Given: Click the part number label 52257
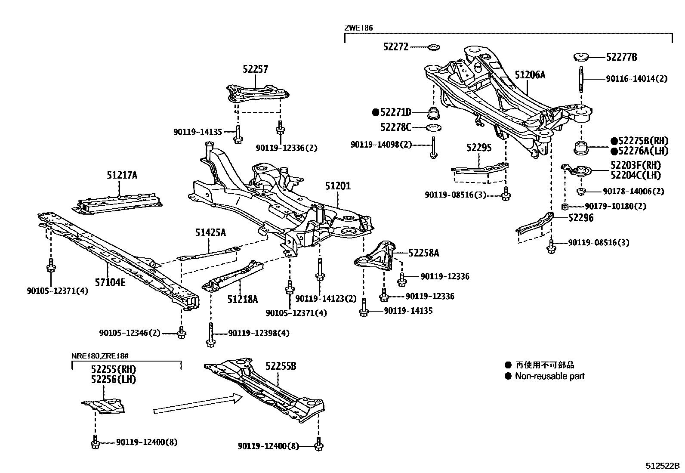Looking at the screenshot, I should pos(255,70).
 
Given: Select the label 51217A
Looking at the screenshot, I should pos(122,176).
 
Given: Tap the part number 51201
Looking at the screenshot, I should pos(338,186).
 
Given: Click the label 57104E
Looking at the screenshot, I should pos(111,283).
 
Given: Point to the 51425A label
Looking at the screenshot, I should pos(210,233).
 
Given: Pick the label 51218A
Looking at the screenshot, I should pos(242,300).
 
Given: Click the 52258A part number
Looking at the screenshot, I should pos(423,254).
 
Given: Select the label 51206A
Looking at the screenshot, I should pos(530,75).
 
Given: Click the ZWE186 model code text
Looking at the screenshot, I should pos(358,28).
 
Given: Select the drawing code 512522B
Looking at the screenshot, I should pos(662,466).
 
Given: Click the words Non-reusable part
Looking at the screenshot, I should pos(550,377).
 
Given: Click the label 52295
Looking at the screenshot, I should pos(478,148).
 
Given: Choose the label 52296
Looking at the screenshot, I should pos(580,218).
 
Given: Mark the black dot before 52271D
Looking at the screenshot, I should pos(376,113).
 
